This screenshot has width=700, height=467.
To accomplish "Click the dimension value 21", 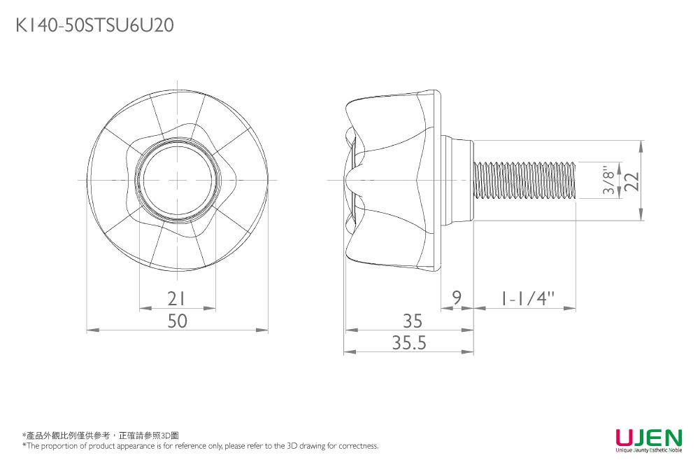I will coord(178,299).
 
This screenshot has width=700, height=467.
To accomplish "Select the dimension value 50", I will coord(178,321).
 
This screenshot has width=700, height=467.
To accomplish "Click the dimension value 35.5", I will coord(409,343).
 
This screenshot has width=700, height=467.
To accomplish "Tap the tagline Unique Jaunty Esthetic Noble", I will coord(648,450).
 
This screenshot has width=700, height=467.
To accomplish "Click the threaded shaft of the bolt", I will coord(524,180).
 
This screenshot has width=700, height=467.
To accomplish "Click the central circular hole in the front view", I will coord(178,180).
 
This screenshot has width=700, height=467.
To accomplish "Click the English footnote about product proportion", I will coord(200,446).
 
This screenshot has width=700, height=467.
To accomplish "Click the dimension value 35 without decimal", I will coord(413,321).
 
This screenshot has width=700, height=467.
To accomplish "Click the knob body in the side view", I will coord(395,180).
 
